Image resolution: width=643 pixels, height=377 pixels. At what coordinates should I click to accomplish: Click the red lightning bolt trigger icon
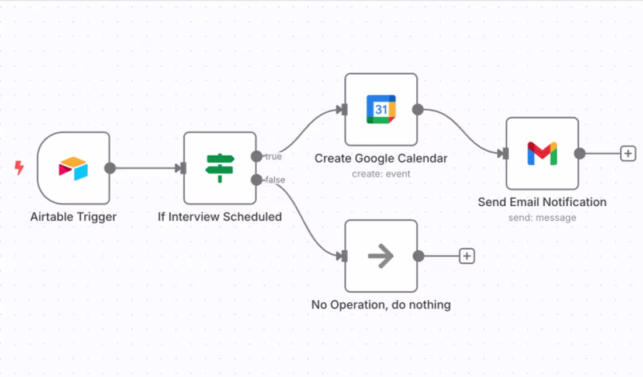click(x=19, y=167)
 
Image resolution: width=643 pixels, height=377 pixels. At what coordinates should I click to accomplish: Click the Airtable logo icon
click(x=74, y=168)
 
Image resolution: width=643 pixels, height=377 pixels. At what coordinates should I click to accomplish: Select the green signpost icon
click(x=220, y=168)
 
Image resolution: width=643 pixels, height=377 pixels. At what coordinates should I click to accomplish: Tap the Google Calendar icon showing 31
click(x=381, y=109)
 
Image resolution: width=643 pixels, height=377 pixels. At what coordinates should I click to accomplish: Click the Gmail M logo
click(x=542, y=153)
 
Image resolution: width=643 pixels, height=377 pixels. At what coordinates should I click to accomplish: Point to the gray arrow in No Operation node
click(x=381, y=256)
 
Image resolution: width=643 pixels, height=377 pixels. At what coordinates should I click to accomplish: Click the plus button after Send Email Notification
click(x=628, y=154)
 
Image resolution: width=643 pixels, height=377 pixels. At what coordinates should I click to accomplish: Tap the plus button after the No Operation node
click(x=466, y=256)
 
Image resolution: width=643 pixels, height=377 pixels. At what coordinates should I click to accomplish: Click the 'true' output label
click(x=274, y=156)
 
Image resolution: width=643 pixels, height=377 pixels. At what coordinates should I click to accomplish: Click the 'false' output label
click(x=275, y=179)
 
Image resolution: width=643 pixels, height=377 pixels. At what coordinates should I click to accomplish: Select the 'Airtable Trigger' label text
click(x=74, y=217)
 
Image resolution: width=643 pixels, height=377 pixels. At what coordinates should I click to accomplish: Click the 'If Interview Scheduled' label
click(x=220, y=217)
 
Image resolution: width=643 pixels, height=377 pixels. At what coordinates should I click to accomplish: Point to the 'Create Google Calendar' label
click(x=381, y=158)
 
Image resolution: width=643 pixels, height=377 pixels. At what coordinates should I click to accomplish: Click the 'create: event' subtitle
click(x=381, y=174)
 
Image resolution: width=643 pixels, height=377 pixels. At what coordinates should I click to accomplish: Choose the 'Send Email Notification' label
click(x=542, y=202)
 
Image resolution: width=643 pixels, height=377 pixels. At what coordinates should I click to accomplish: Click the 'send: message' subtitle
click(x=542, y=217)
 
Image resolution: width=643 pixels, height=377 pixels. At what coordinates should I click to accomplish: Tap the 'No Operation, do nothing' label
click(x=381, y=305)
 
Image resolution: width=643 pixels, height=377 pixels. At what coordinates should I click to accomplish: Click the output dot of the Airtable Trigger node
click(x=110, y=168)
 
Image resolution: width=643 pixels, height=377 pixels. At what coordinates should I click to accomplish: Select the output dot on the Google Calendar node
click(x=418, y=109)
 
